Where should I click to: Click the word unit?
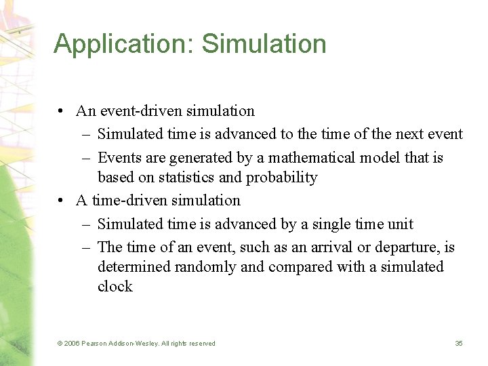[x=401, y=224]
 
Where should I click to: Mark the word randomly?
[x=205, y=267]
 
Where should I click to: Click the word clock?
[x=115, y=287]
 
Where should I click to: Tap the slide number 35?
[x=458, y=344]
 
